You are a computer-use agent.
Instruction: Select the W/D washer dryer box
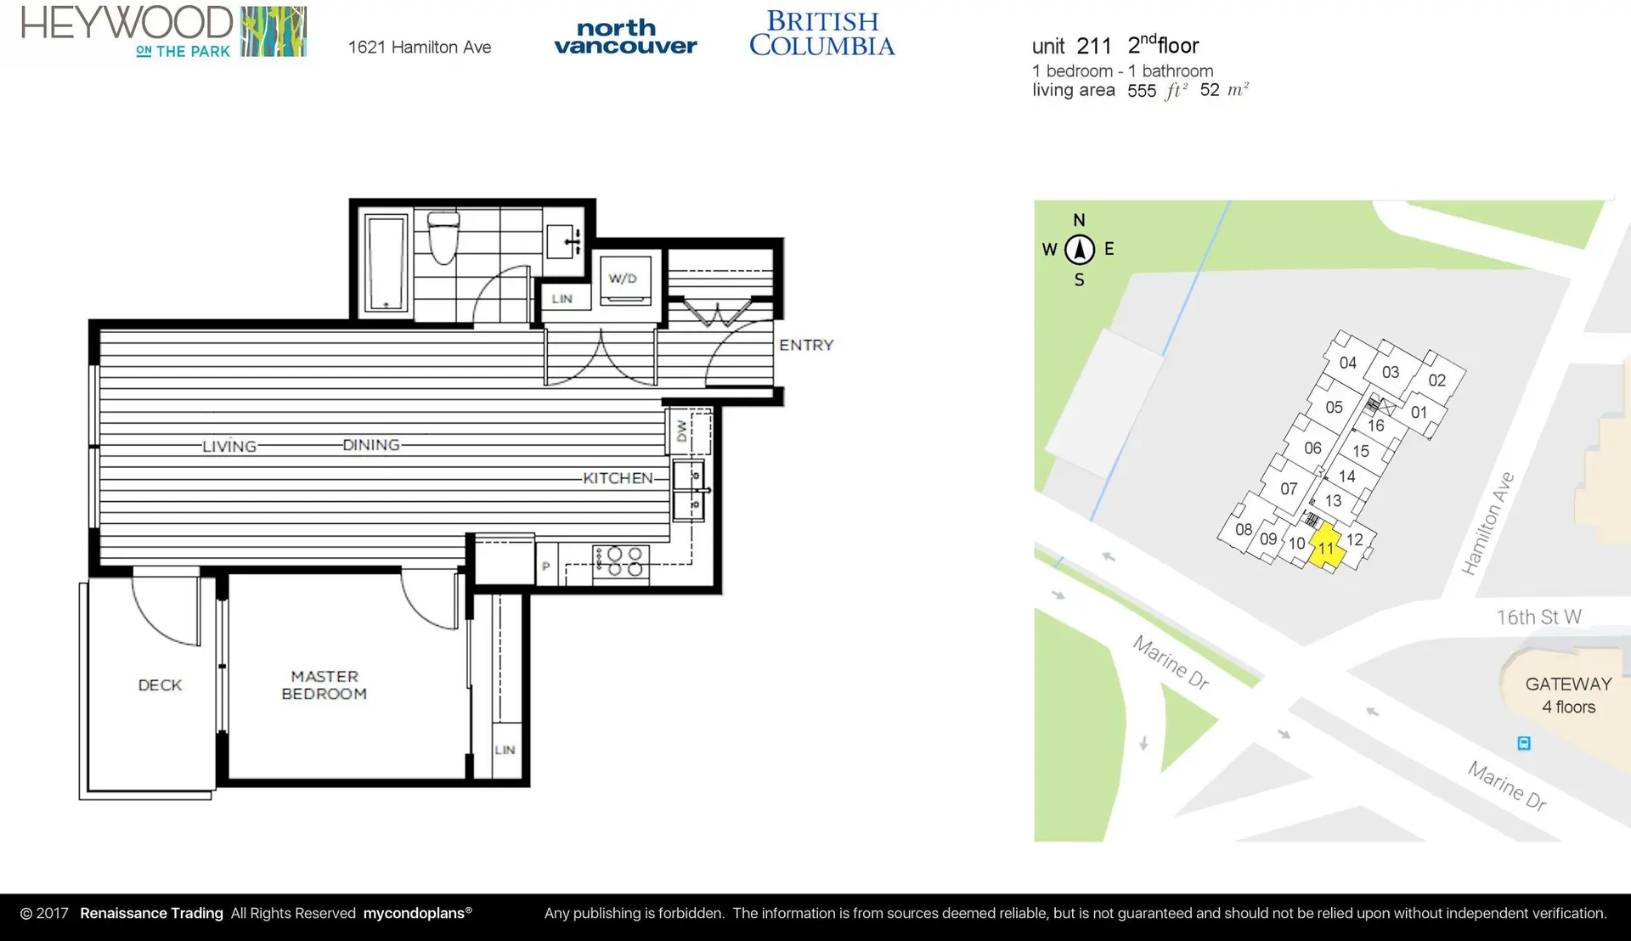point(624,279)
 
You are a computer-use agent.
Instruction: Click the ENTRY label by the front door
point(806,345)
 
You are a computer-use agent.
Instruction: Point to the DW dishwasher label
point(681,431)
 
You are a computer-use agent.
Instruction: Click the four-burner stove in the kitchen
point(621,562)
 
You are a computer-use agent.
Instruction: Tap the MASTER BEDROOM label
point(324,685)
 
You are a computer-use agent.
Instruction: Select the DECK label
point(160,685)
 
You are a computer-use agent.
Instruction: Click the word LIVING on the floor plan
point(229,446)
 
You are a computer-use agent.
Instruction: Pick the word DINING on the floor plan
point(371,445)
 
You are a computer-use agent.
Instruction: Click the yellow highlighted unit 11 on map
point(1325,547)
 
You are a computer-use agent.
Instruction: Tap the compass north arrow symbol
point(1080,250)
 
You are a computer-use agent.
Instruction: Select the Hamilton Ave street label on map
point(1487,524)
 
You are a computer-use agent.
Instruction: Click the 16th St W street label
point(1538,617)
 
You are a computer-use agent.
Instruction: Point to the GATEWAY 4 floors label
point(1568,695)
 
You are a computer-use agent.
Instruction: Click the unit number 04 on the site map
point(1347,363)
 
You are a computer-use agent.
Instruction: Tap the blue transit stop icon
point(1524,743)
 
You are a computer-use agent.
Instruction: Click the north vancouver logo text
point(625,37)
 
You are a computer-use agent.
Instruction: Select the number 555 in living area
point(1141,91)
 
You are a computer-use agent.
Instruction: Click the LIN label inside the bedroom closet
point(505,750)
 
